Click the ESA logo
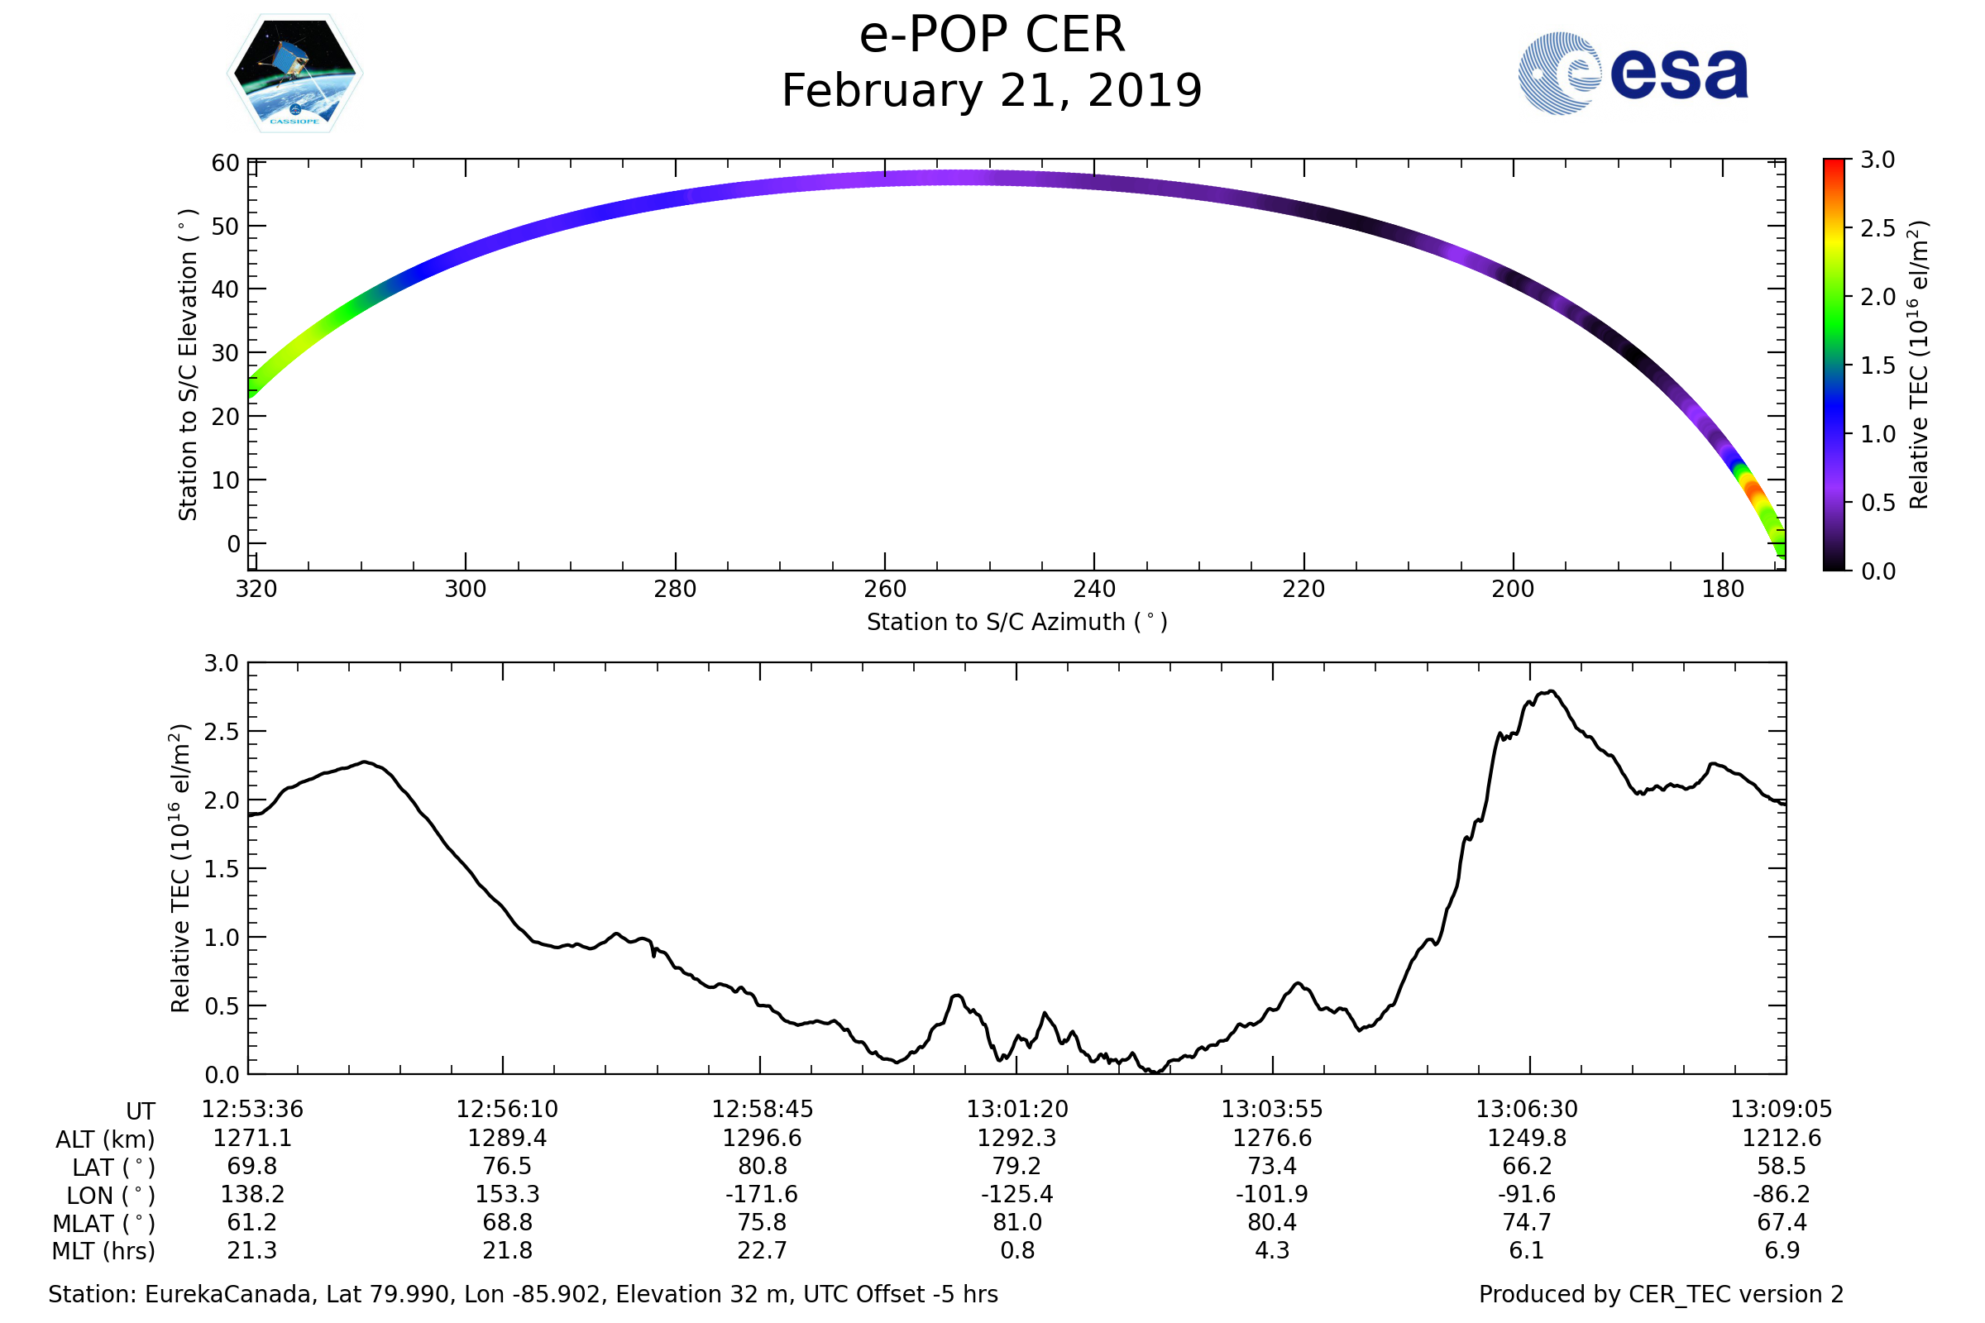[1632, 74]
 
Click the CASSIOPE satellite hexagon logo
[294, 74]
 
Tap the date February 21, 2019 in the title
[992, 91]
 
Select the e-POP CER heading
[992, 36]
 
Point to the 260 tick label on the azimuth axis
[884, 589]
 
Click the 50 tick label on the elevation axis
[225, 226]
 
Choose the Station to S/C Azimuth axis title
[1017, 623]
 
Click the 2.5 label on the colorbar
[1877, 229]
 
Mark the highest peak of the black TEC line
[1552, 691]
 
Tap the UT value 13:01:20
[1017, 1110]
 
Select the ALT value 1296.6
[761, 1139]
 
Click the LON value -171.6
[761, 1195]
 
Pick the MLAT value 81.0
[1017, 1223]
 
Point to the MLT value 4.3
[1272, 1250]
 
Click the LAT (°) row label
[113, 1168]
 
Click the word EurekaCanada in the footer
[227, 1295]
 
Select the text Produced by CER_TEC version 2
[1661, 1295]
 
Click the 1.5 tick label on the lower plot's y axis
[221, 869]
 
